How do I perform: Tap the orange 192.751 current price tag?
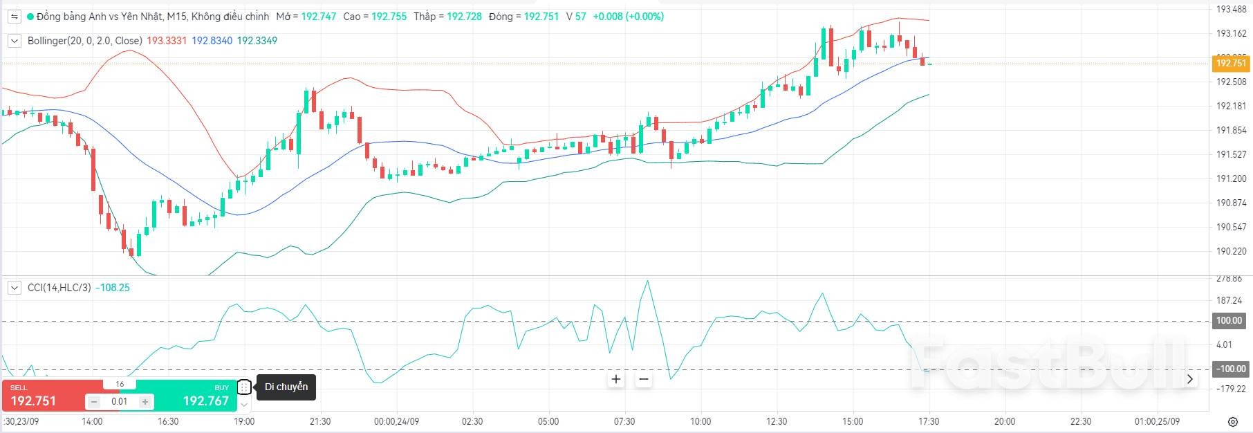(1231, 63)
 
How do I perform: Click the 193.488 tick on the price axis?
(1231, 9)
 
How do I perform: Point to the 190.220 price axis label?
(1231, 251)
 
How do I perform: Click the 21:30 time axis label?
(320, 421)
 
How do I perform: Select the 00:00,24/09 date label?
(397, 421)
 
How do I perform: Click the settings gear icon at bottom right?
(1232, 421)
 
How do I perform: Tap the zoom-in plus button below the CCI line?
(616, 379)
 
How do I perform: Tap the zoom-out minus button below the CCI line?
(644, 379)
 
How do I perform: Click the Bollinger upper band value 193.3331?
(167, 41)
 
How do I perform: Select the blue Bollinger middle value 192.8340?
(212, 41)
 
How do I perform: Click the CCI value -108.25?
(112, 288)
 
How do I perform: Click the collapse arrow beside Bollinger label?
(14, 41)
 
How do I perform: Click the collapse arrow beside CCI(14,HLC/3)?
(14, 288)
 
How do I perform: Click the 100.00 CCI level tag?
(1229, 321)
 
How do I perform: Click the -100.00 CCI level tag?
(1229, 369)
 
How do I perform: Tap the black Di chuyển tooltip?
(286, 387)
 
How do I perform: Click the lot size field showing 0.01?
(119, 401)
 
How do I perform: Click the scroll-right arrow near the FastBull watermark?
(1189, 379)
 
